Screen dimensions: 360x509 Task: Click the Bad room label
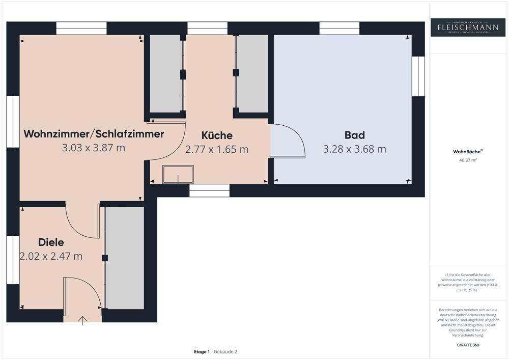coord(354,135)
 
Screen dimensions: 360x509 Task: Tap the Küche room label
coord(217,135)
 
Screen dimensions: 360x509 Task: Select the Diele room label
coord(51,242)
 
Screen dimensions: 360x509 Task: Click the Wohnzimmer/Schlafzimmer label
coord(94,134)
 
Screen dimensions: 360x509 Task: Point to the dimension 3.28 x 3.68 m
coord(354,149)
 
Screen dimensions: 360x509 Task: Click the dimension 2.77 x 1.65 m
coord(217,150)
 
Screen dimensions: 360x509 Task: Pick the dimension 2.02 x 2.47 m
coord(51,257)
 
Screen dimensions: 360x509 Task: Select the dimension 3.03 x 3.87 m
coord(94,148)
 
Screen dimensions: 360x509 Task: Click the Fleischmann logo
coord(468,27)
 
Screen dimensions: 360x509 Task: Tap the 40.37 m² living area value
coord(468,160)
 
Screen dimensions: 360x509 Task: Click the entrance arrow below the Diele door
coord(82,320)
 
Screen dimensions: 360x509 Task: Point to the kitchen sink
coord(178,175)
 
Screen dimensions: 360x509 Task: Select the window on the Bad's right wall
coord(418,76)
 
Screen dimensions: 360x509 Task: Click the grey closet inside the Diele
coord(125,258)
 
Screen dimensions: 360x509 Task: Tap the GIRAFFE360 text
coord(468,345)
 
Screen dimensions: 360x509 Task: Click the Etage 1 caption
coord(202,351)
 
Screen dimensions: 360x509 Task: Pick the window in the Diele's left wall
coord(13,260)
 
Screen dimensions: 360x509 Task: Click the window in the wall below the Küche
coord(209,190)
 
